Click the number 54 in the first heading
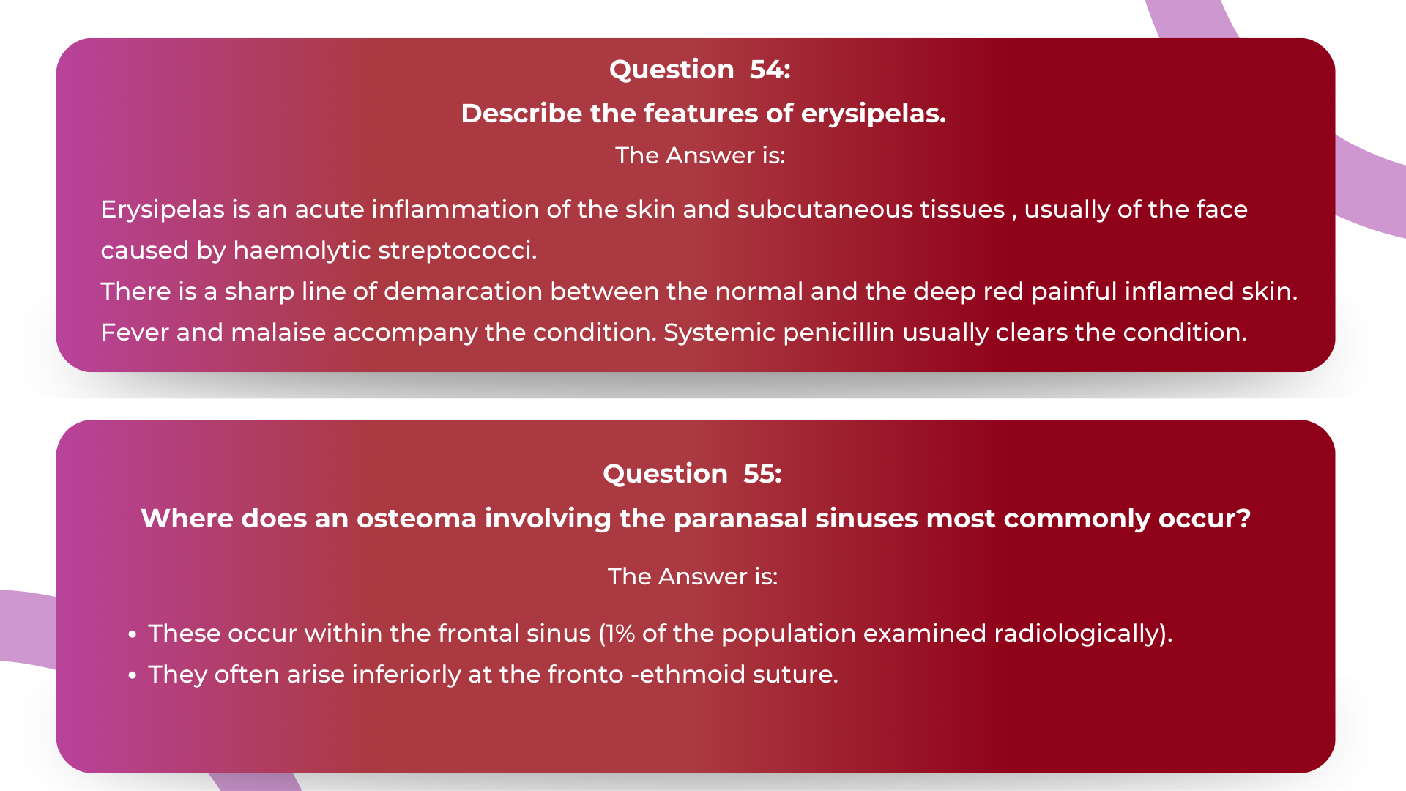tap(770, 70)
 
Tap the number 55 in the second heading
tap(762, 474)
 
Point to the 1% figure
tap(620, 634)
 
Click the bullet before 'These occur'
tap(132, 634)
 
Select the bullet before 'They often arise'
tap(132, 675)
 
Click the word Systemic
tap(719, 333)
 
